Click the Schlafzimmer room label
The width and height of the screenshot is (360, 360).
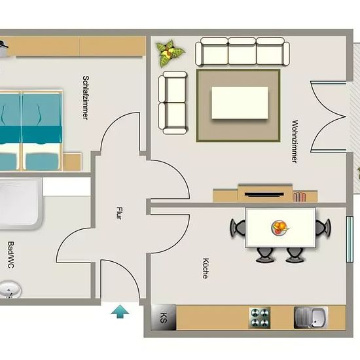pos(85,98)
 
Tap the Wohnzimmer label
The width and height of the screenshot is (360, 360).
pos(295,141)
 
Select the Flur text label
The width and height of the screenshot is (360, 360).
pos(119,213)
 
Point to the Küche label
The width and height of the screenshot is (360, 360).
pos(206,268)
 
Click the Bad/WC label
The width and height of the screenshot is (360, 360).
pos(10,255)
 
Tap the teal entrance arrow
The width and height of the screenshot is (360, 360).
pos(120,312)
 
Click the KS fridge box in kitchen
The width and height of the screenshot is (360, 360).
pos(164,317)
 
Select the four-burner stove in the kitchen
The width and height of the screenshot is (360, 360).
pos(259,318)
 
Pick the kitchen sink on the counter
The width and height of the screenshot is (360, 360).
pos(311,317)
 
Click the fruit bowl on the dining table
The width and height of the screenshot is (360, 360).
pos(279,228)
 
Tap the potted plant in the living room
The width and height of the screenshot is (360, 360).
pos(170,53)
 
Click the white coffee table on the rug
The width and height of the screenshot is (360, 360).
pos(240,103)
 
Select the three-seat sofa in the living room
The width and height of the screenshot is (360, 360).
pos(242,52)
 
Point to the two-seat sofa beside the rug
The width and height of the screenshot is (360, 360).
pos(173,103)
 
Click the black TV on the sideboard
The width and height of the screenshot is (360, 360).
pos(264,194)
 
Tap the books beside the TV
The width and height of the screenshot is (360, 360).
pos(299,197)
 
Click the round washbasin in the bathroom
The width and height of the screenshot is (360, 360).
pos(10,290)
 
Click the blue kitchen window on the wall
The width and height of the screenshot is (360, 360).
pos(350,239)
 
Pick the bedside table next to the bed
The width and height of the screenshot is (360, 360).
pos(72,162)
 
